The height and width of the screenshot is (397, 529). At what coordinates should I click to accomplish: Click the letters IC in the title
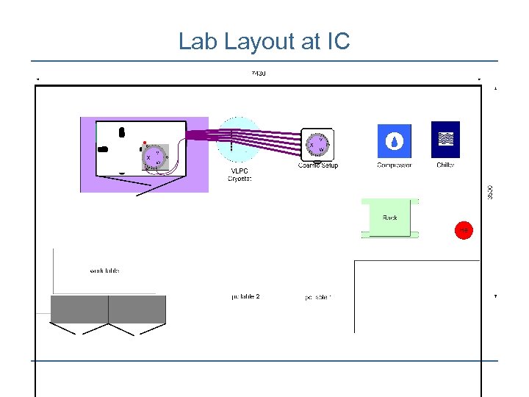pyautogui.click(x=337, y=42)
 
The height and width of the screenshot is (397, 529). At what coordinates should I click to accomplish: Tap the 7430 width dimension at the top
pyautogui.click(x=259, y=73)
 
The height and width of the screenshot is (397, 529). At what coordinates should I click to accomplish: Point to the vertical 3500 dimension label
pyautogui.click(x=490, y=190)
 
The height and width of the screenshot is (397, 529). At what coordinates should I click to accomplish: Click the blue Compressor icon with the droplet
pyautogui.click(x=395, y=141)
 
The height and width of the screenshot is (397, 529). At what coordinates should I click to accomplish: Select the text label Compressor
pyautogui.click(x=395, y=165)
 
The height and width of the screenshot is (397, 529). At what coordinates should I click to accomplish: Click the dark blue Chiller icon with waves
pyautogui.click(x=445, y=140)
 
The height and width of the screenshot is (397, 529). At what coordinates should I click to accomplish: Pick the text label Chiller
pyautogui.click(x=445, y=165)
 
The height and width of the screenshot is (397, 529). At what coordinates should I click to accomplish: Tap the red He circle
pyautogui.click(x=464, y=230)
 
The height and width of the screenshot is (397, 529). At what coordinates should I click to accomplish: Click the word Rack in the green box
pyautogui.click(x=389, y=218)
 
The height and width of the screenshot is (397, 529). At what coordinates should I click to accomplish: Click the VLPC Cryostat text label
pyautogui.click(x=240, y=175)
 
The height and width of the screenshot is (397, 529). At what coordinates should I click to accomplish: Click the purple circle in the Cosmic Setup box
pyautogui.click(x=317, y=146)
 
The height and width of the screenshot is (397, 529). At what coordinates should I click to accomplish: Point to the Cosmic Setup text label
pyautogui.click(x=318, y=165)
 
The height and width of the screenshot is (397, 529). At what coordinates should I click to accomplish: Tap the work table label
pyautogui.click(x=104, y=271)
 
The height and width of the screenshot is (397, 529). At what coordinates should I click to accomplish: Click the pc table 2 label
pyautogui.click(x=245, y=297)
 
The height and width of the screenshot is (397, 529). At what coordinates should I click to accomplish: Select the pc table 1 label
pyautogui.click(x=318, y=298)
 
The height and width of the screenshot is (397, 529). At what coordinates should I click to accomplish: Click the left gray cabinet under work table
pyautogui.click(x=79, y=310)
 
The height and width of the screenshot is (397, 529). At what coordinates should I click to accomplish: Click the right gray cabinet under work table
pyautogui.click(x=137, y=310)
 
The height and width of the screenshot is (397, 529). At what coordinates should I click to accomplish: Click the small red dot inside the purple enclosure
pyautogui.click(x=145, y=143)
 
